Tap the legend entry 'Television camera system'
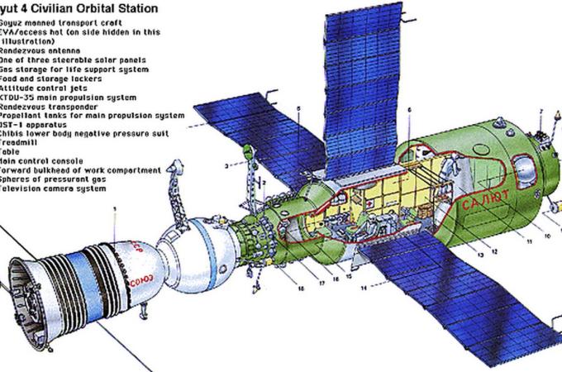point(53,188)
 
